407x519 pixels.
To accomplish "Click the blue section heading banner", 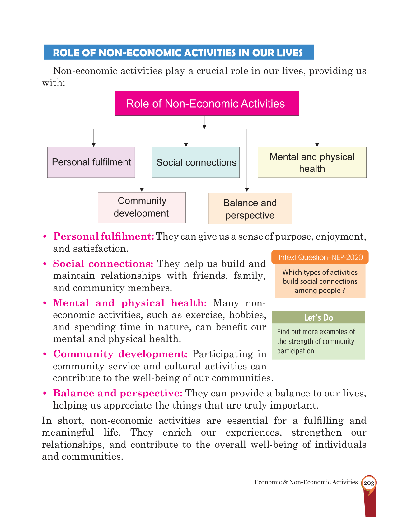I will [x=179, y=53].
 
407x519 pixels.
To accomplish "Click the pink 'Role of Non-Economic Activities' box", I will [x=207, y=104].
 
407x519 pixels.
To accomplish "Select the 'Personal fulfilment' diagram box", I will [x=91, y=162].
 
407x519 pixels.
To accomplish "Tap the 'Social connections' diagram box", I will [x=196, y=162].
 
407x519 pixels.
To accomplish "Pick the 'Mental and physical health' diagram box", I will [x=312, y=162].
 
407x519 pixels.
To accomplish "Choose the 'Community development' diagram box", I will [x=142, y=208].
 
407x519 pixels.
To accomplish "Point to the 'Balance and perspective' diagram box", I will [x=250, y=209].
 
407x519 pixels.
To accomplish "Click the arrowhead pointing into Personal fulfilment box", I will [x=94, y=145].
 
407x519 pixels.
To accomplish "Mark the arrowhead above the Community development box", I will [x=142, y=190].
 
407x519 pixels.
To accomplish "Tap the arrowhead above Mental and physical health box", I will [x=317, y=145].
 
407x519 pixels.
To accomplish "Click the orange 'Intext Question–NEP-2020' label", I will [x=320, y=257].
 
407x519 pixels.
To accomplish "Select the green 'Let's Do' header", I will [x=319, y=317].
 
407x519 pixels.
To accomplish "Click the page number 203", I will [x=369, y=483].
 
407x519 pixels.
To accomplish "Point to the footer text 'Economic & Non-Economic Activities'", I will [x=306, y=482].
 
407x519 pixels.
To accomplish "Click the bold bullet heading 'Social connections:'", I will [x=103, y=264].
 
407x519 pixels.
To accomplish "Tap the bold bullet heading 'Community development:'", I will [x=120, y=354].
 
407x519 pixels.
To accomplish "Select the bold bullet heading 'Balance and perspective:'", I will [x=118, y=393].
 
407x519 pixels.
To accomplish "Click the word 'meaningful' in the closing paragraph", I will [x=68, y=432].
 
